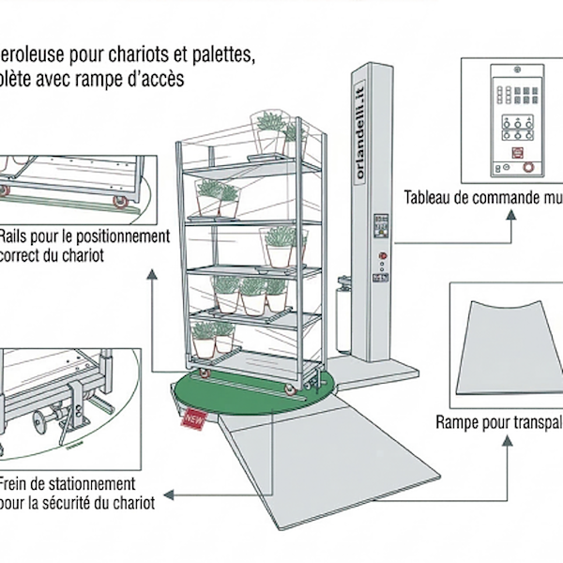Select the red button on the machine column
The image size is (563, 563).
(x=382, y=255)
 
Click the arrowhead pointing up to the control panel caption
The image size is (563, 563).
(x=510, y=213)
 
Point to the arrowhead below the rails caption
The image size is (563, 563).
(x=151, y=273)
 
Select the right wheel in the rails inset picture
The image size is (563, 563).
(x=120, y=201)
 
